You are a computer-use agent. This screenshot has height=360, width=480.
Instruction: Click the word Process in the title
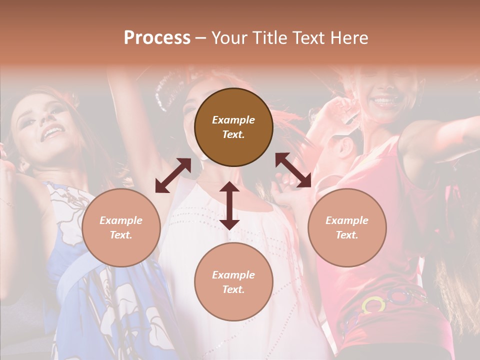point(157,38)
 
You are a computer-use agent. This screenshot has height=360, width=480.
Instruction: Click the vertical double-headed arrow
point(229,205)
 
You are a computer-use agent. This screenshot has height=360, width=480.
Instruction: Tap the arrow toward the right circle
point(293,170)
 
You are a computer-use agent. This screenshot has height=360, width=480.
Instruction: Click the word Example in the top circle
point(233,120)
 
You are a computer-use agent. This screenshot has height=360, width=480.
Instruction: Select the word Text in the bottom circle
point(233,289)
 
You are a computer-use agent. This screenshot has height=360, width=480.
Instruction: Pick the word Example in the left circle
point(121,220)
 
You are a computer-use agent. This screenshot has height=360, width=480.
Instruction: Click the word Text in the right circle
point(347,235)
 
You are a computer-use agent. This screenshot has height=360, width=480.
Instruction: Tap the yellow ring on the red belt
point(373,304)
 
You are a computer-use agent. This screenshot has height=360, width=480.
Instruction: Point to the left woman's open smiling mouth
point(53,132)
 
